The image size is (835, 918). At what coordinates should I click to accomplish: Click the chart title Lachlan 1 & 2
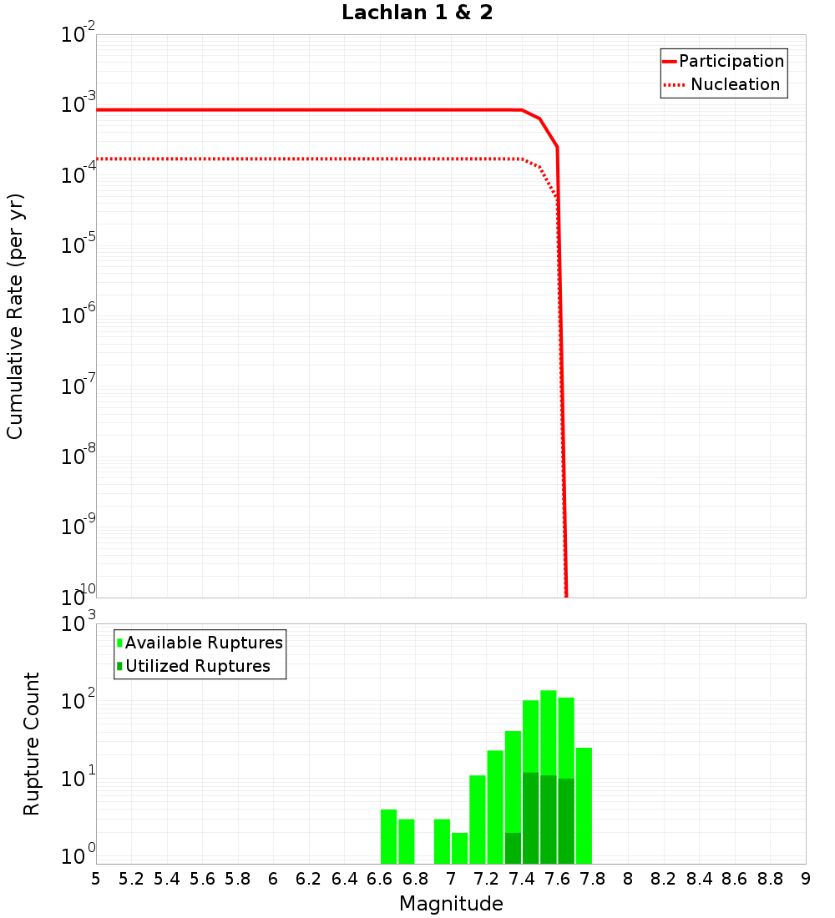click(x=417, y=13)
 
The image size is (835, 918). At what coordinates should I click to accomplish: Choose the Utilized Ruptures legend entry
click(x=197, y=666)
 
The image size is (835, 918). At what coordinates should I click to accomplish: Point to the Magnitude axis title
click(x=451, y=904)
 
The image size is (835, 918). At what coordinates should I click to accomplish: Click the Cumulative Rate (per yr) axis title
click(x=15, y=316)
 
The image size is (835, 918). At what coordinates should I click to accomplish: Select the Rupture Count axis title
click(x=32, y=744)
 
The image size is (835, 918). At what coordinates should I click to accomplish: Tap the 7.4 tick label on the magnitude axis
click(x=522, y=879)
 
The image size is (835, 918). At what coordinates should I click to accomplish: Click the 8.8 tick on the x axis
click(x=770, y=879)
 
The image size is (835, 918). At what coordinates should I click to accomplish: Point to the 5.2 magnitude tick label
click(x=131, y=879)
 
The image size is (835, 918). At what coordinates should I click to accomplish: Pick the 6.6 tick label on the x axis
click(x=380, y=879)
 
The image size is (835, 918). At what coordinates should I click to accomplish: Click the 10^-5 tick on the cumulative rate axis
click(x=78, y=246)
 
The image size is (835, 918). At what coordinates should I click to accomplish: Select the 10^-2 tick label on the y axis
click(x=78, y=35)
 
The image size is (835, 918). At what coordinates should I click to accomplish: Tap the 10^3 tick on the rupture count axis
click(x=78, y=623)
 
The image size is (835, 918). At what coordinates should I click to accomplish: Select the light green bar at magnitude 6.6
click(x=388, y=836)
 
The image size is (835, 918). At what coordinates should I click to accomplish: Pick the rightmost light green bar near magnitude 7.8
click(x=584, y=805)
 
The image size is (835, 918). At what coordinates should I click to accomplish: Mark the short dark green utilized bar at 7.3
click(x=513, y=848)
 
